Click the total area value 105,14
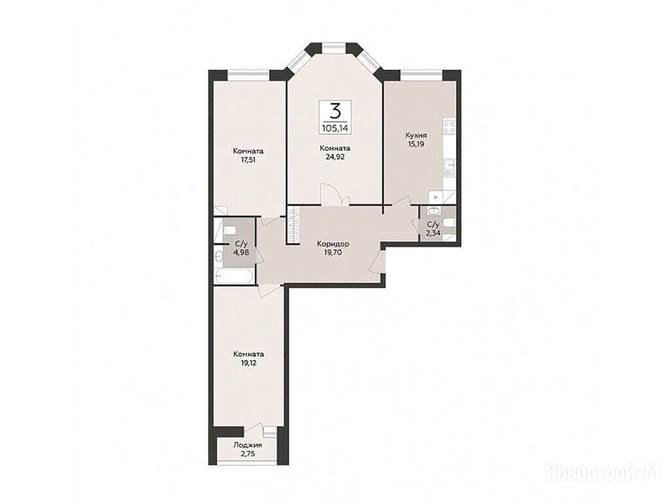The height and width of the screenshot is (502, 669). point(335,127)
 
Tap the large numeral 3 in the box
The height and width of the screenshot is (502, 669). point(335,111)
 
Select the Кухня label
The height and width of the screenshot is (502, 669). point(416,135)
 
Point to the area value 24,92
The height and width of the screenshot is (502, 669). point(335,156)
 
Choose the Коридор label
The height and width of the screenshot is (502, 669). point(333,244)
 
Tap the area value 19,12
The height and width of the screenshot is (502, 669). point(248,362)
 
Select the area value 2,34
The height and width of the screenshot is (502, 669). point(433,232)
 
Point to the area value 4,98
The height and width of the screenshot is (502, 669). point(241,252)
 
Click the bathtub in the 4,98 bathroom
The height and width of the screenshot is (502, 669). point(235,276)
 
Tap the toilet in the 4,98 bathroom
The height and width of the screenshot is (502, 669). point(229,231)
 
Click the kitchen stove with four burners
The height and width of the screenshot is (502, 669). point(449,127)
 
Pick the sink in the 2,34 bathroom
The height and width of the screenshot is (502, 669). point(434,210)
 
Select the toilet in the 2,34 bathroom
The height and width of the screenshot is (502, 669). point(449,224)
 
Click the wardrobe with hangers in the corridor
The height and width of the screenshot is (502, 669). point(293,225)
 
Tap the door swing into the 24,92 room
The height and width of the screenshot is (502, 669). point(335,194)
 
